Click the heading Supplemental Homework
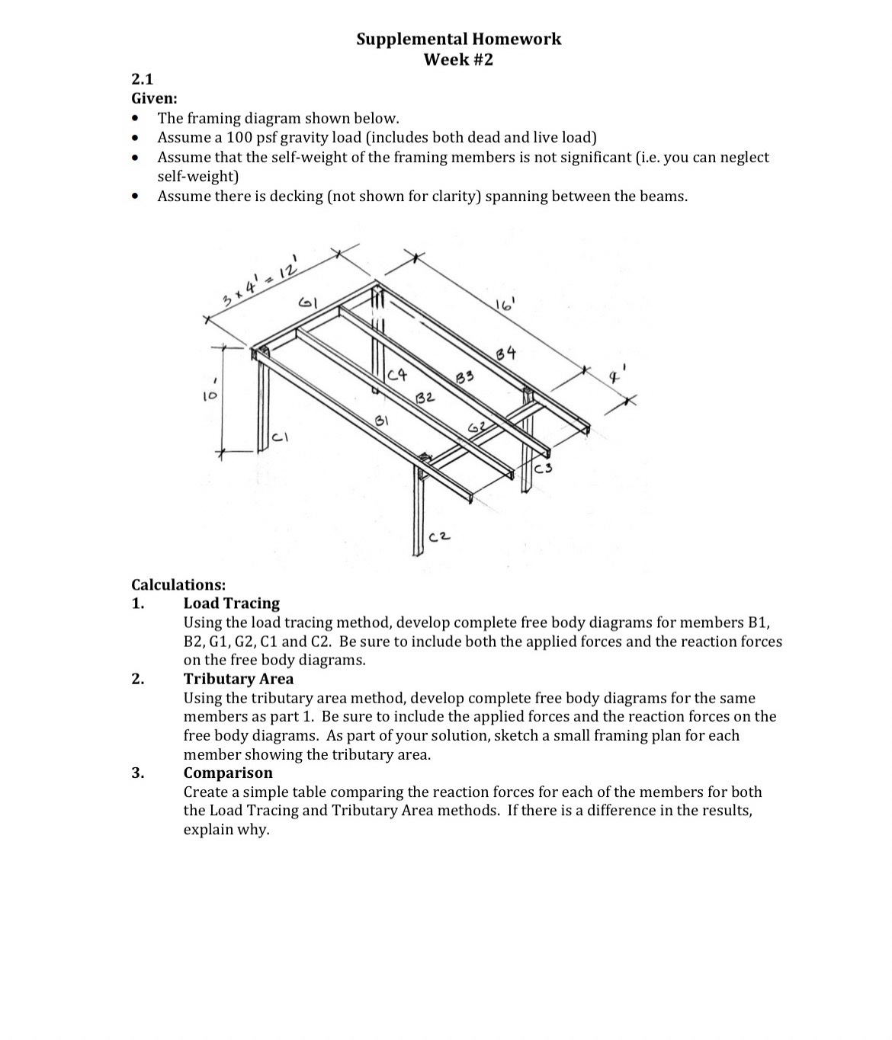click(458, 39)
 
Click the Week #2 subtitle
click(458, 59)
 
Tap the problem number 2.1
click(143, 78)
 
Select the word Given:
click(155, 98)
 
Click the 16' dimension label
click(504, 306)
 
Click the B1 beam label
click(383, 421)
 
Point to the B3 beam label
click(464, 376)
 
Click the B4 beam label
click(505, 353)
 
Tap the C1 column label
click(281, 438)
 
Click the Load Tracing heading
click(231, 603)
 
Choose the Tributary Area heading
click(238, 679)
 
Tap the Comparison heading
click(227, 773)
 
